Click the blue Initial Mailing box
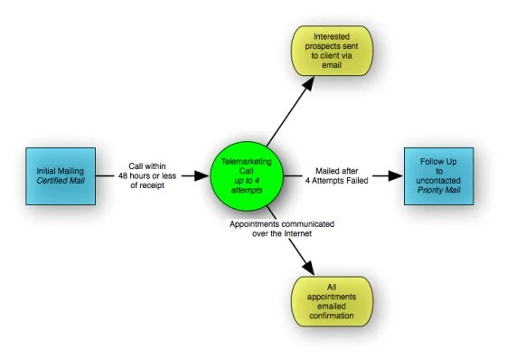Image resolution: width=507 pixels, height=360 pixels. [60, 175]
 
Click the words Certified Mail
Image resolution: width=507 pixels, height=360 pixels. [60, 181]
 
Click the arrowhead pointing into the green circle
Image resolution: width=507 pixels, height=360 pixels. [200, 175]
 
